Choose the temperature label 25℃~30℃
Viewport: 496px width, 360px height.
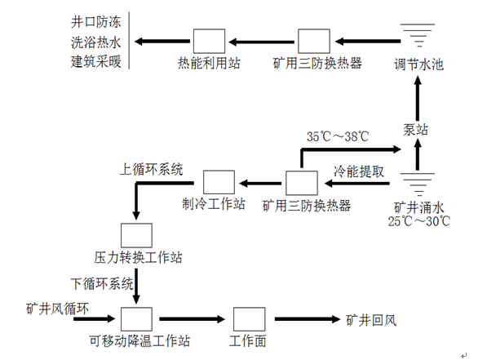point(420,220)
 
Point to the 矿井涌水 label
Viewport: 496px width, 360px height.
point(419,206)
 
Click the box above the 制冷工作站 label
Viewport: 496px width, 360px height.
point(219,182)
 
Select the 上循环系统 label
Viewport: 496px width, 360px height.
point(151,170)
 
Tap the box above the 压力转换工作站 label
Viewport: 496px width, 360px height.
point(135,233)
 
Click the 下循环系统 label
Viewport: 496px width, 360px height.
point(102,284)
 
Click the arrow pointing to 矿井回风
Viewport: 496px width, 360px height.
point(306,319)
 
